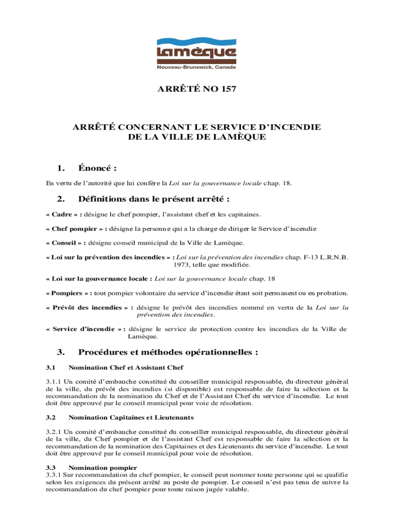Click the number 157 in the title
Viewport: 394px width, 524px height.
(x=228, y=89)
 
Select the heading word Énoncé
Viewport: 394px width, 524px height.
(x=96, y=168)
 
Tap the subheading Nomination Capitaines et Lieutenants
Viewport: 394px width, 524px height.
(x=131, y=418)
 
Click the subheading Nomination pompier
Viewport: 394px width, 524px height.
(x=102, y=468)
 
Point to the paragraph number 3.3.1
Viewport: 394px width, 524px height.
(x=53, y=475)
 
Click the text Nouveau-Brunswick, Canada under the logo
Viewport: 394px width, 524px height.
(x=196, y=67)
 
